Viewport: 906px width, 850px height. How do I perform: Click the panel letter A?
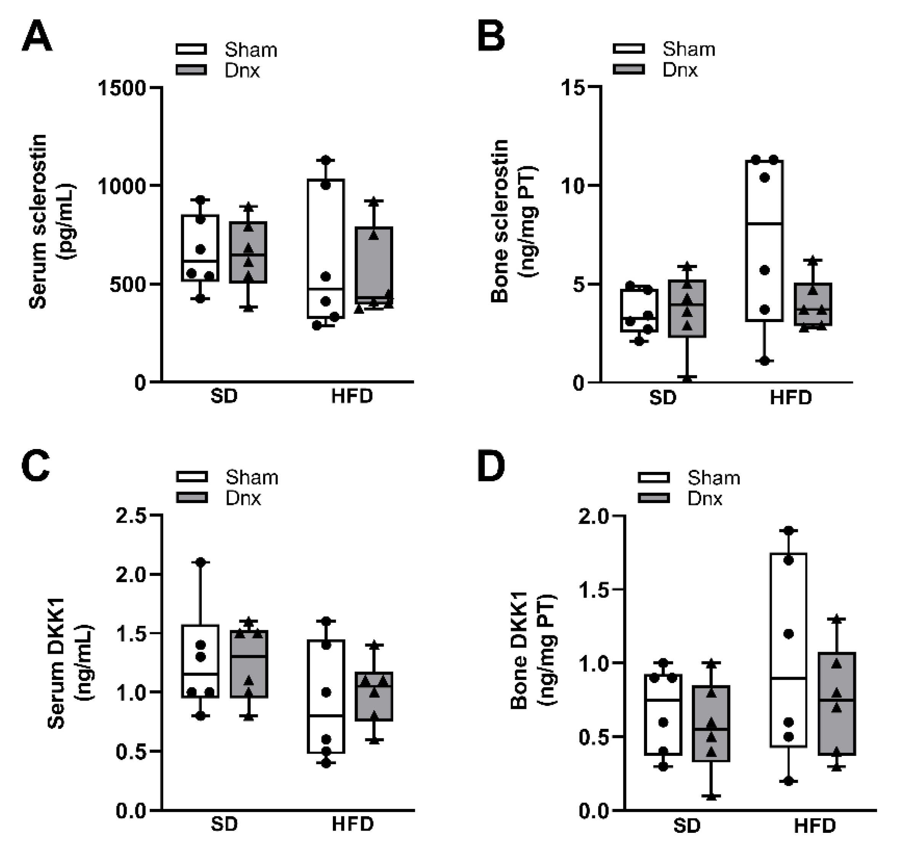[37, 37]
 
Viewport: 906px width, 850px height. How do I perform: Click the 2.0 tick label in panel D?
[593, 516]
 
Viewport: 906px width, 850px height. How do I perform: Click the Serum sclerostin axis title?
[38, 222]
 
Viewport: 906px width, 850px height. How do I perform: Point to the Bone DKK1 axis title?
[519, 651]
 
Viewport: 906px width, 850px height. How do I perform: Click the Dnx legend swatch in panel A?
[191, 70]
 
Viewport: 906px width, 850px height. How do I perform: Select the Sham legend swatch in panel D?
[654, 477]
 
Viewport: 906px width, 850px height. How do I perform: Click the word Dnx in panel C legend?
[243, 498]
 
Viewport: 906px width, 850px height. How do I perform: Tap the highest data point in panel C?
[201, 562]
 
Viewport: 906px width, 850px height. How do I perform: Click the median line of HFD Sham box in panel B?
[764, 224]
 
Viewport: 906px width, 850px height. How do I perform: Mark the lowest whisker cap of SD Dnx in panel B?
[687, 377]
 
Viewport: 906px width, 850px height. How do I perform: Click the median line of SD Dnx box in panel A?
[248, 255]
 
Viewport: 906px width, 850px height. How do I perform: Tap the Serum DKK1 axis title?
[56, 663]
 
